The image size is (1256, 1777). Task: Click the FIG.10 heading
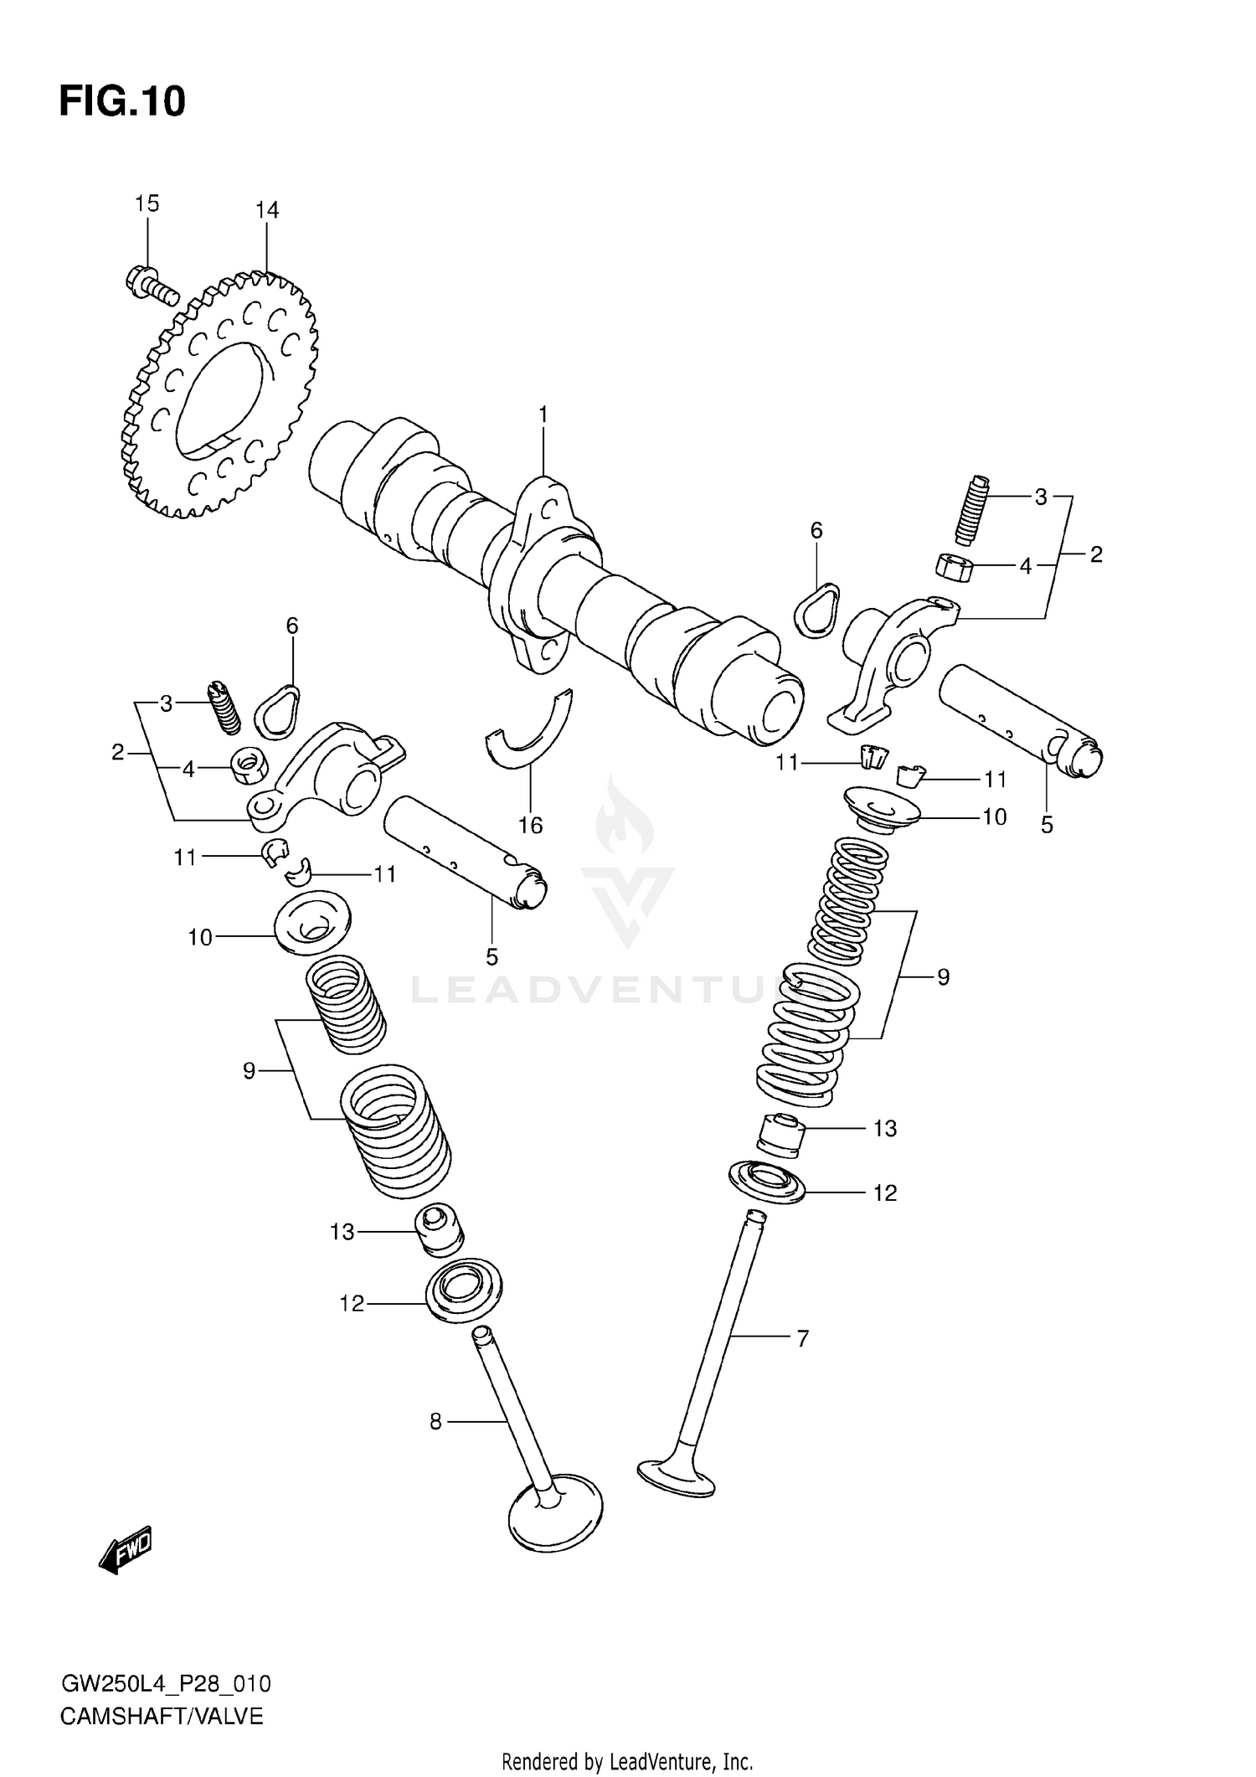coord(122,101)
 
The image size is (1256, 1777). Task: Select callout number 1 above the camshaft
coord(543,415)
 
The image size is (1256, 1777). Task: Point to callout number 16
coord(530,825)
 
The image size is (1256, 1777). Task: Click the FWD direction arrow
coord(126,1548)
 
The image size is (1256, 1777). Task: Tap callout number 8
coord(435,1421)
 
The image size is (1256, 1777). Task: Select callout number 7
coord(802,1339)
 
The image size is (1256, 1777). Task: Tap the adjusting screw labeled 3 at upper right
coord(972,509)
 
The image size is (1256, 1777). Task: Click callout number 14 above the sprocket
coord(267,210)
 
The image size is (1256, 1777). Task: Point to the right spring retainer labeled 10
coord(882,808)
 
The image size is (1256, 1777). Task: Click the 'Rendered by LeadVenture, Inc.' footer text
coord(627,1761)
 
